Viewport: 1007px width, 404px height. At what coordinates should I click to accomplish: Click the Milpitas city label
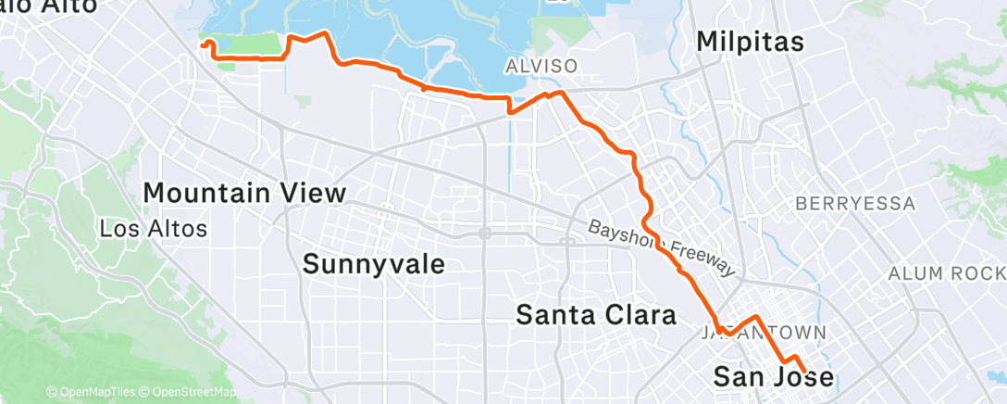click(750, 42)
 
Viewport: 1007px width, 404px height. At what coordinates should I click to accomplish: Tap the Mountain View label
click(245, 194)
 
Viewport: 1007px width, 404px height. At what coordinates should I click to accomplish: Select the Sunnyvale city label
click(374, 264)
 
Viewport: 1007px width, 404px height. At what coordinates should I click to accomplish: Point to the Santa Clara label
click(595, 315)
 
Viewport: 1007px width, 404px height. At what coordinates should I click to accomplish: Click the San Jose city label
click(773, 376)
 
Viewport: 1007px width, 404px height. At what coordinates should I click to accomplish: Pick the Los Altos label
click(153, 227)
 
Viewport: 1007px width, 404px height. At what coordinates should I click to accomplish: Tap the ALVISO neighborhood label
click(541, 66)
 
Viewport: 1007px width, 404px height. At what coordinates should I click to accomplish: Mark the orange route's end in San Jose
click(802, 372)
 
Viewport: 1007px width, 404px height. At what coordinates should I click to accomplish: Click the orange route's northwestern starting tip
click(202, 43)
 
